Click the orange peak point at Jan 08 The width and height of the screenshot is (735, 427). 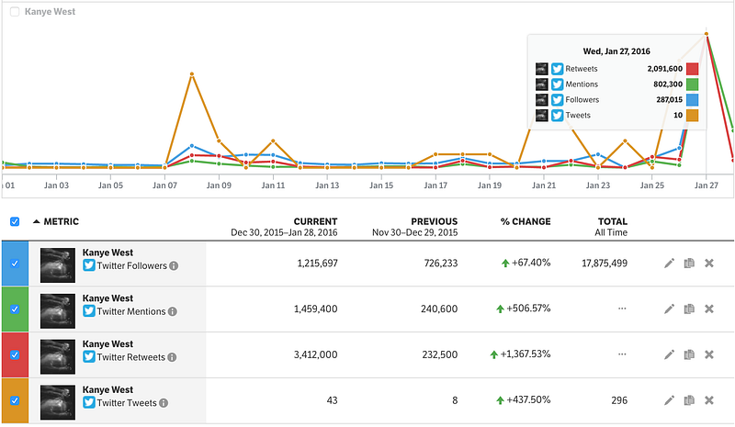pyautogui.click(x=192, y=74)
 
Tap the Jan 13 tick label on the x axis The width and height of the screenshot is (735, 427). pyautogui.click(x=327, y=185)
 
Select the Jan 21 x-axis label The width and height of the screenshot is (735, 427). pyautogui.click(x=544, y=185)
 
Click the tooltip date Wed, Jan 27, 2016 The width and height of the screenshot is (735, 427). pyautogui.click(x=616, y=51)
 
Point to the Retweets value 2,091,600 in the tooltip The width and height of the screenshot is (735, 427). pyautogui.click(x=664, y=69)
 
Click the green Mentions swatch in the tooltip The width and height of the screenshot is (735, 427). pyautogui.click(x=692, y=84)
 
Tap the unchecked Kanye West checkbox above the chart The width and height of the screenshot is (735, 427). pyautogui.click(x=15, y=12)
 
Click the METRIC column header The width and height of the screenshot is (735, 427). pyautogui.click(x=61, y=221)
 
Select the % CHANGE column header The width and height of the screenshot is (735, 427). pyautogui.click(x=526, y=221)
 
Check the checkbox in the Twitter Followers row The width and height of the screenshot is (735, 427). pyautogui.click(x=15, y=264)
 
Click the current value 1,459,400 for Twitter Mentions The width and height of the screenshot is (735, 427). pyautogui.click(x=315, y=309)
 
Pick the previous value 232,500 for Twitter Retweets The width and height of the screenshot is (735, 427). pyautogui.click(x=440, y=354)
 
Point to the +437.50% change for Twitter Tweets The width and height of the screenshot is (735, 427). pyautogui.click(x=528, y=399)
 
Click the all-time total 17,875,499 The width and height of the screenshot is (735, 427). pyautogui.click(x=605, y=264)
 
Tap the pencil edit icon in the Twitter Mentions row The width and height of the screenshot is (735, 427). pyautogui.click(x=669, y=309)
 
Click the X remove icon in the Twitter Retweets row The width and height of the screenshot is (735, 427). pyautogui.click(x=709, y=354)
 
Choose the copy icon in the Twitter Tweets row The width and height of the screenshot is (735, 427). pyautogui.click(x=689, y=400)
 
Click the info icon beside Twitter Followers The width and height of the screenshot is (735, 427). pyautogui.click(x=174, y=265)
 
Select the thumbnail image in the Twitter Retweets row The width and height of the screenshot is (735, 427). pyautogui.click(x=58, y=356)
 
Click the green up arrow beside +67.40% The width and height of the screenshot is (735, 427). pyautogui.click(x=505, y=264)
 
